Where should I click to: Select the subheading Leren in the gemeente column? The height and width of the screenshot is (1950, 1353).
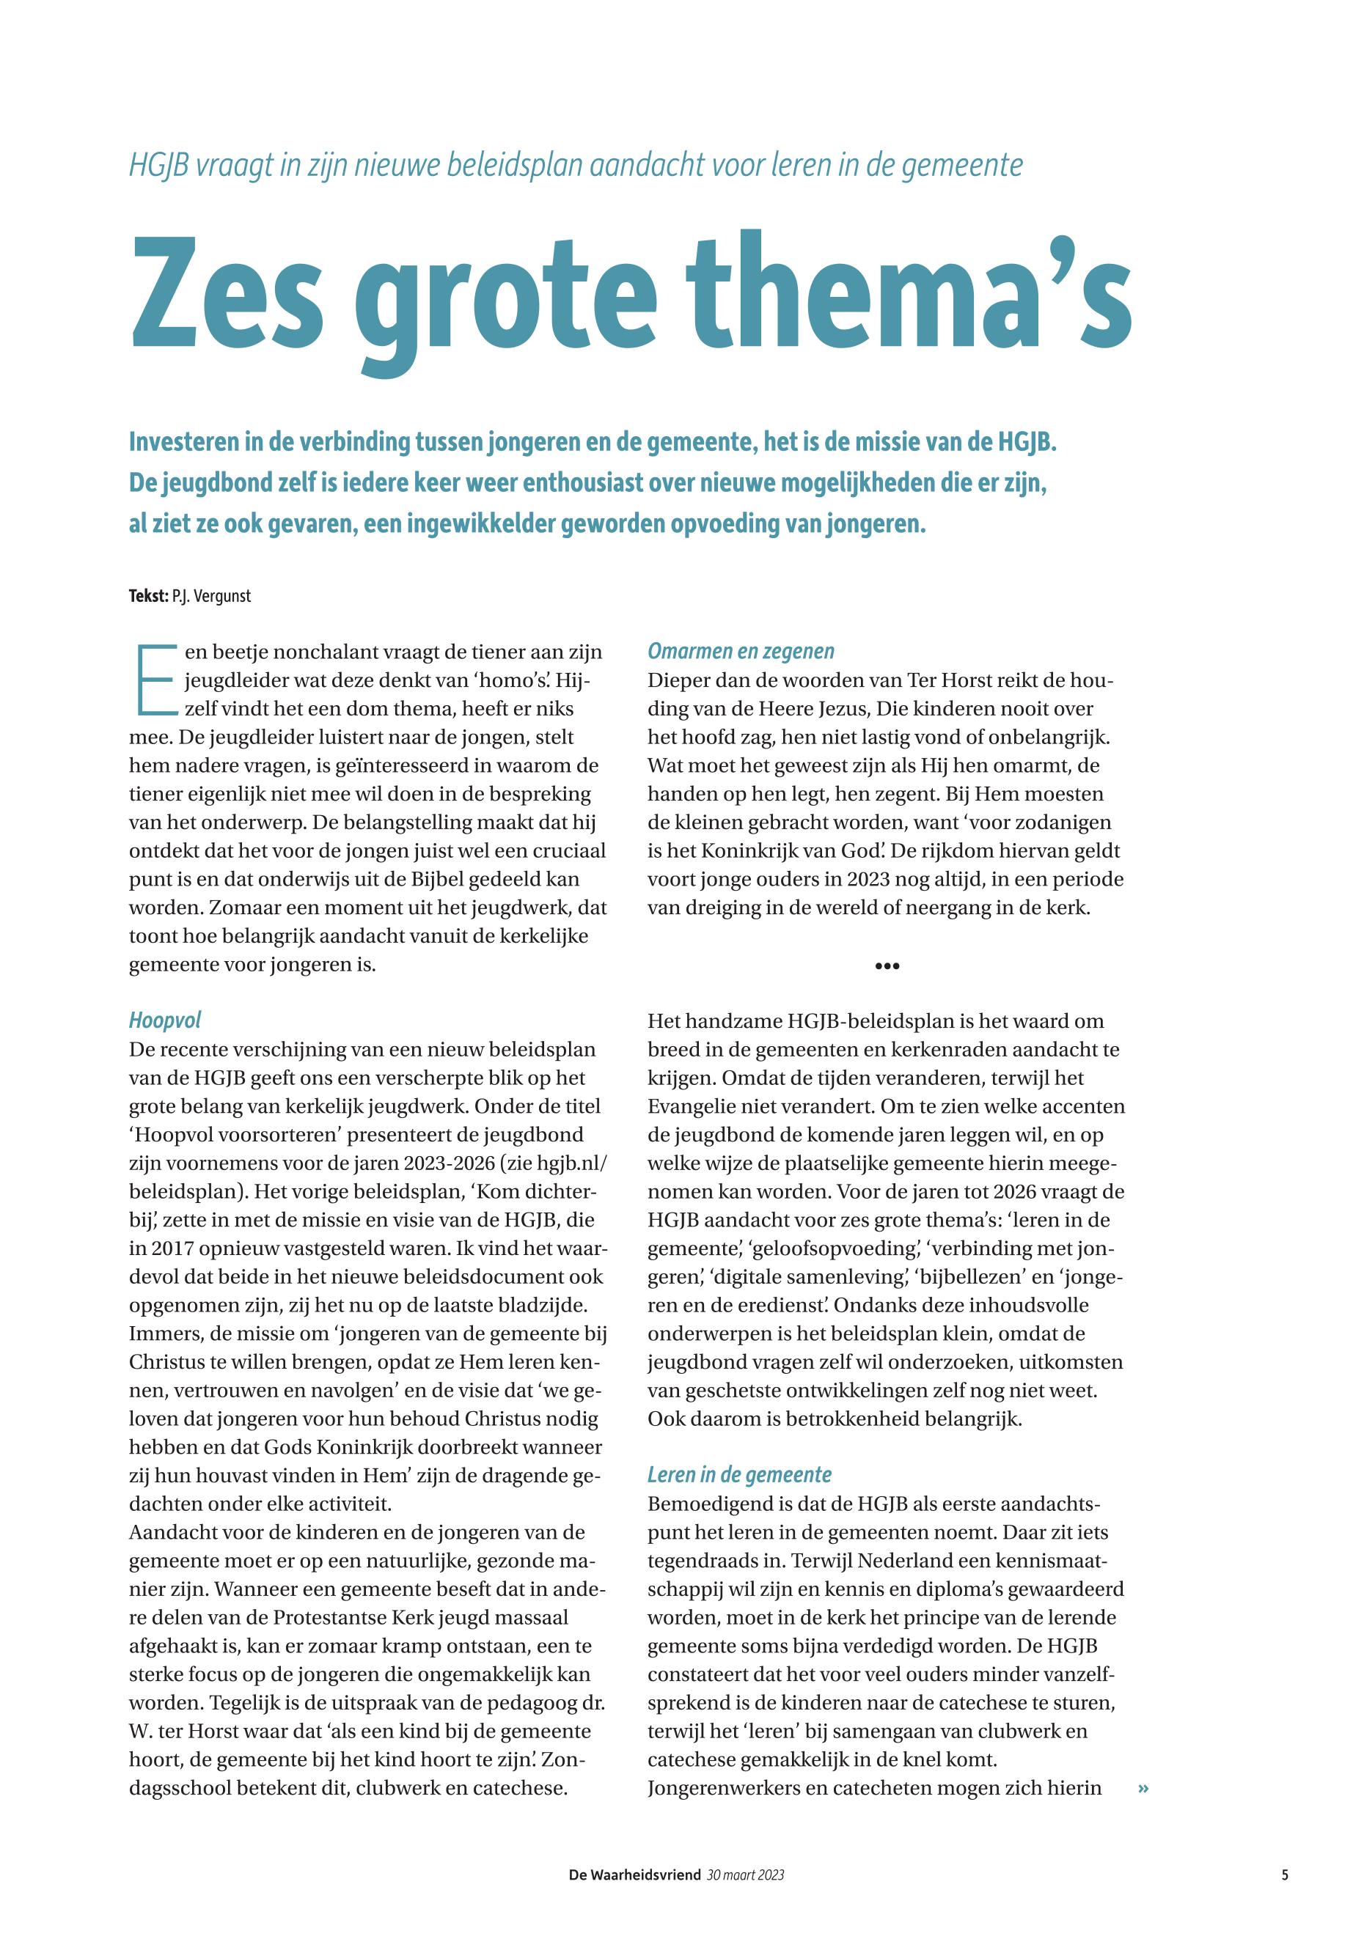739,1474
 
